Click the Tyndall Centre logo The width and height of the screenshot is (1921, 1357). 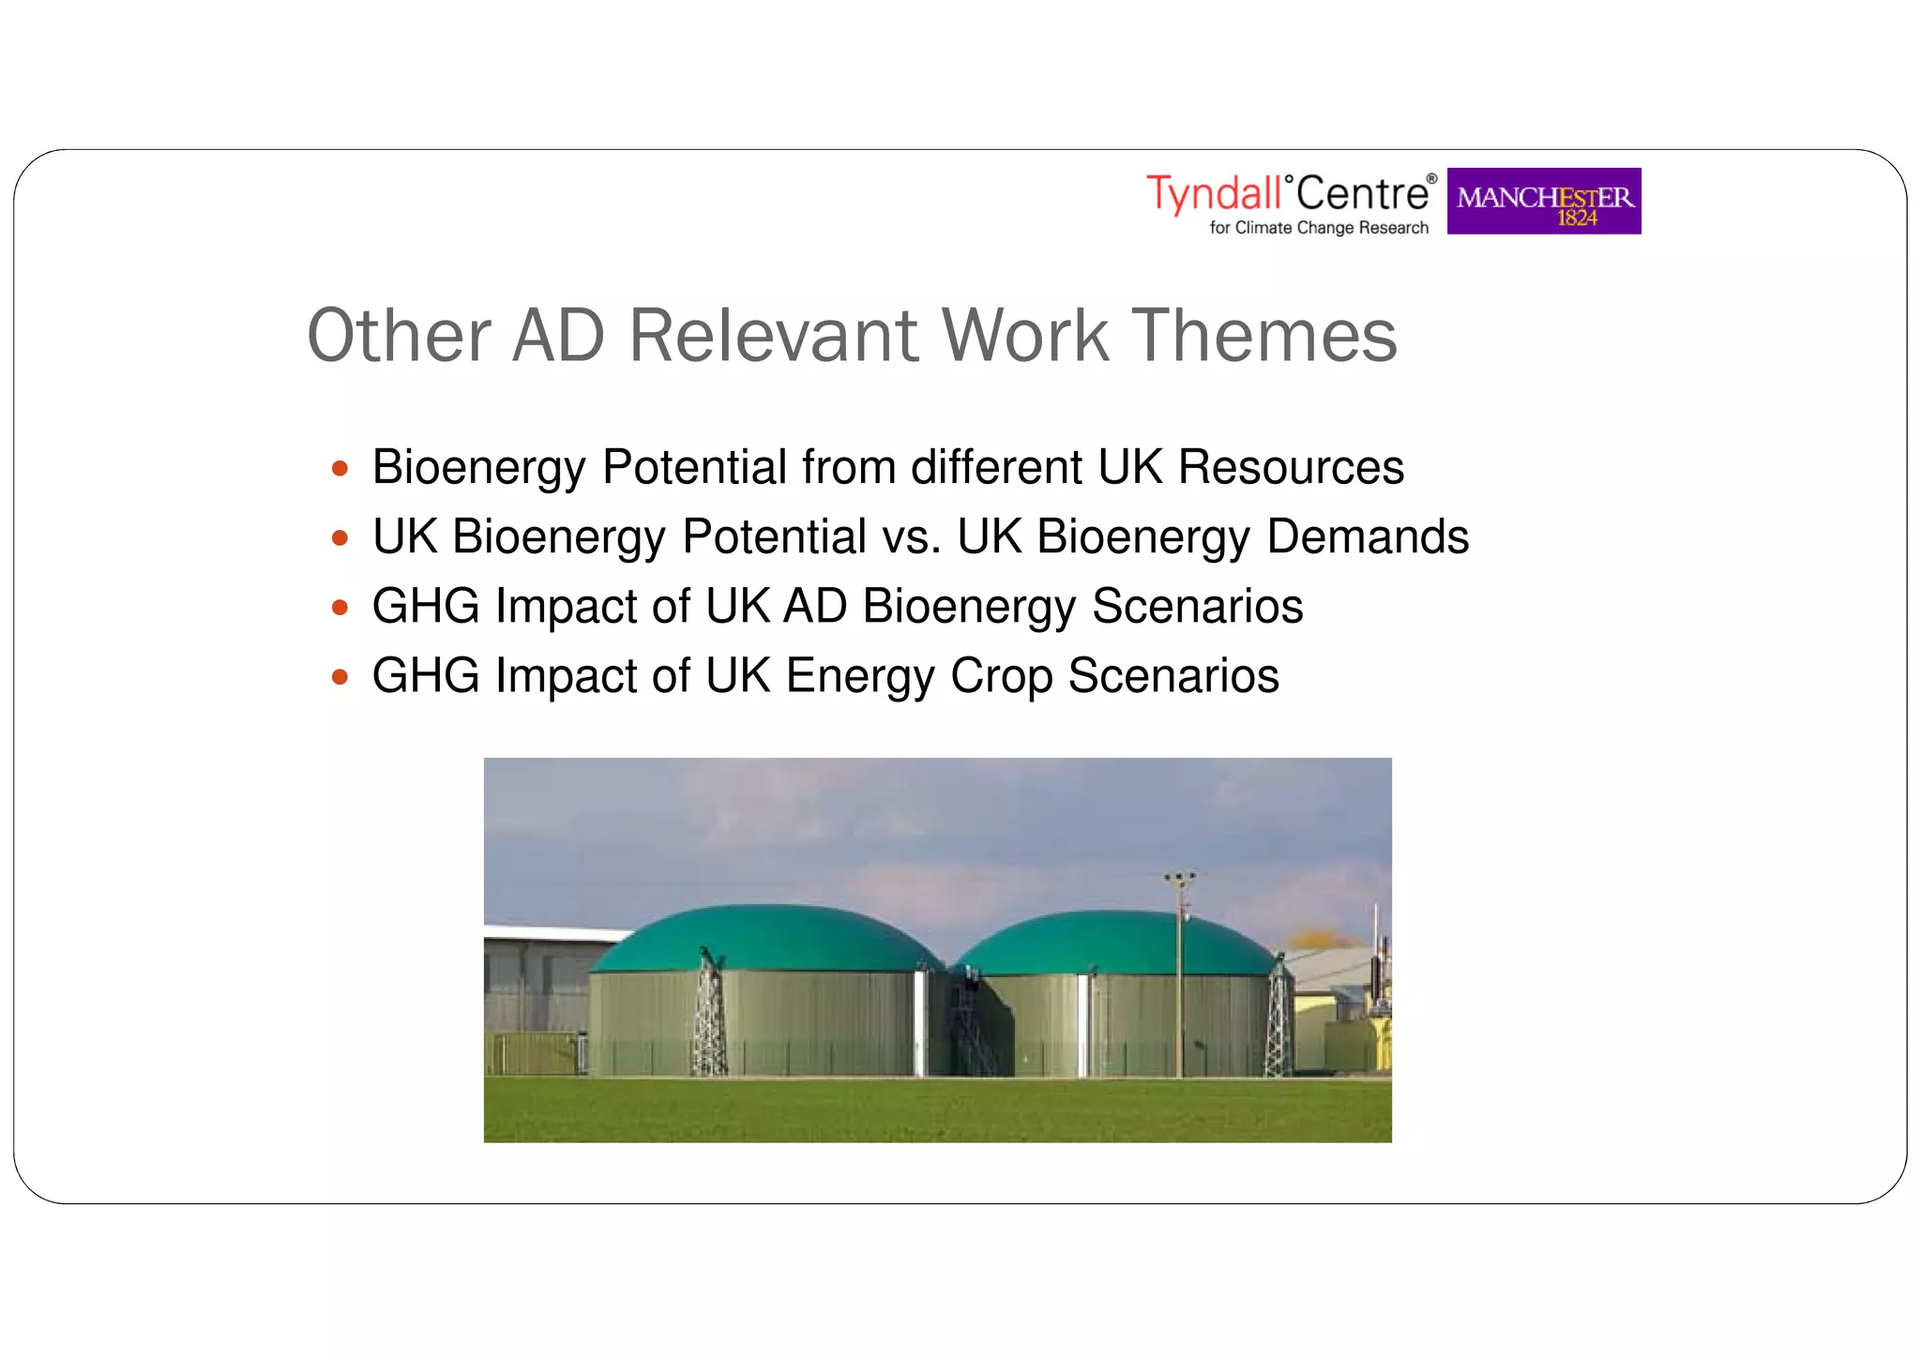tap(1290, 201)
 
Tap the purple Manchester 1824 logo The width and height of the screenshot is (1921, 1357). tap(1543, 201)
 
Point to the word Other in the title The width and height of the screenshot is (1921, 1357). tap(399, 335)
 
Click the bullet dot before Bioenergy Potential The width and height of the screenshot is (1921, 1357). tap(340, 468)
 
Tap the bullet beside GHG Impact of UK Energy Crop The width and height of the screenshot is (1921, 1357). tap(340, 676)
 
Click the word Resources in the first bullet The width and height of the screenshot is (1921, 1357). tap(1291, 467)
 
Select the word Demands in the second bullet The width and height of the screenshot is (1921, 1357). tap(1367, 536)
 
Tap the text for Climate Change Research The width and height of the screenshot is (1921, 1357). tap(1318, 228)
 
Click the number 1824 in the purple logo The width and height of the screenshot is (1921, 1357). tap(1577, 219)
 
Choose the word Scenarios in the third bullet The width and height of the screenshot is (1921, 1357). tap(1197, 606)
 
